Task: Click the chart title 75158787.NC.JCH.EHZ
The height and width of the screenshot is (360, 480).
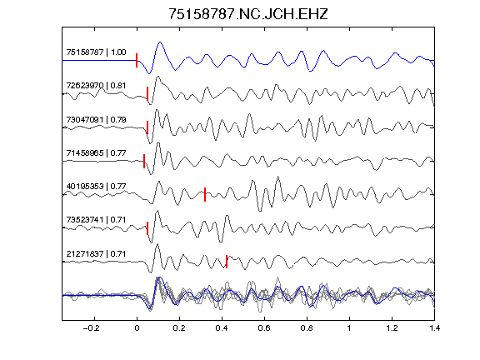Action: (248, 14)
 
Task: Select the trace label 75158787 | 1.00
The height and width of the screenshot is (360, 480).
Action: (96, 52)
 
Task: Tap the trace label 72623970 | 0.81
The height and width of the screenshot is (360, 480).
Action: (96, 85)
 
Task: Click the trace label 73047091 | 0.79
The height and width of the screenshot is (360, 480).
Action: (96, 119)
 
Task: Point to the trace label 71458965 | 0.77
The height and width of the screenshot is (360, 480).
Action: (96, 152)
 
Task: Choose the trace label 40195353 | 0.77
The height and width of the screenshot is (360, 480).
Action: (96, 186)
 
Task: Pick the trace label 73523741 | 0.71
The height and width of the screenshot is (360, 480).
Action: (96, 220)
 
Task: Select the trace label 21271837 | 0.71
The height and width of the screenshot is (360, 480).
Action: (96, 254)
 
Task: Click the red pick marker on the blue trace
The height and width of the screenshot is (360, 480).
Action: (137, 60)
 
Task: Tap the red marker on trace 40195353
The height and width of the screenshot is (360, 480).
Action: (205, 194)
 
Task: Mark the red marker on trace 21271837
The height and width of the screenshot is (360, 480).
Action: (227, 262)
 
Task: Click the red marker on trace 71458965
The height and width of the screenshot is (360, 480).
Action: (144, 161)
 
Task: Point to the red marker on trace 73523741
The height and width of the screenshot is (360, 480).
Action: (147, 228)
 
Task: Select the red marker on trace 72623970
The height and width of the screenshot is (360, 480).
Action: (147, 93)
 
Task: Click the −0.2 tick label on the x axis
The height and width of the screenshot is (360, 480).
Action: (91, 328)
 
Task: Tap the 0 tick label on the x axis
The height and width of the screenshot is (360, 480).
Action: (137, 328)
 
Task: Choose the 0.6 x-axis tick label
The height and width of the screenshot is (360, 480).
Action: (264, 328)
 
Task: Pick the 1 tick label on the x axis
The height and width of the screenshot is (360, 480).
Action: (349, 328)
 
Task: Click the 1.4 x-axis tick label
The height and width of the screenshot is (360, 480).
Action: (435, 328)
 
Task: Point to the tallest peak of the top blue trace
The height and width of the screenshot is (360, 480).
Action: (160, 42)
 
